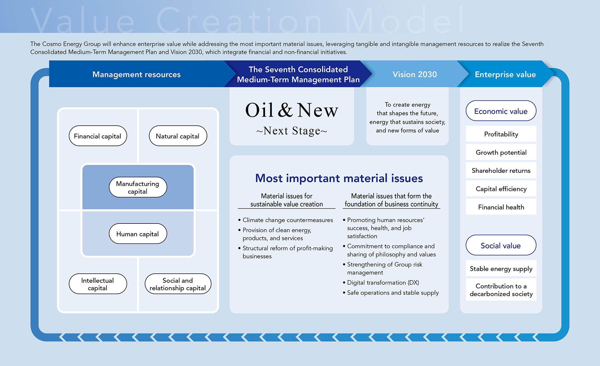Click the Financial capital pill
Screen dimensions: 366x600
point(98,136)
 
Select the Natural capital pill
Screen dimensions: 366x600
point(178,136)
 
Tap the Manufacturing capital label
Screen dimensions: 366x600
point(138,187)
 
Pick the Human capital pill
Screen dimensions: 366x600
point(138,234)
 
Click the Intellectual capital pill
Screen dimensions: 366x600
point(98,284)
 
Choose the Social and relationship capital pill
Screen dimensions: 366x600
point(178,284)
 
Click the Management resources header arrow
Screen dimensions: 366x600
point(137,74)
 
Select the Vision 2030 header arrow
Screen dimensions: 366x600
point(414,74)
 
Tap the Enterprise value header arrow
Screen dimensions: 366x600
point(505,74)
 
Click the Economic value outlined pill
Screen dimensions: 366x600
point(501,111)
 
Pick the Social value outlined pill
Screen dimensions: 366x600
point(501,245)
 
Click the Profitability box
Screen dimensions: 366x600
point(501,134)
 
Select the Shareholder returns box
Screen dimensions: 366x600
point(501,171)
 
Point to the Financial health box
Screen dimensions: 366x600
point(501,207)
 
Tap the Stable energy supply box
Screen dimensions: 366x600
point(501,268)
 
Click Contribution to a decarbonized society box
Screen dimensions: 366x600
point(501,290)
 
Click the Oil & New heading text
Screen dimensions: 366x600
point(292,111)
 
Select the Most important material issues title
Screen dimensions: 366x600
point(339,178)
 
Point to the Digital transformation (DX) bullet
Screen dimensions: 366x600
point(383,282)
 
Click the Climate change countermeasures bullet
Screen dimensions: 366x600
point(287,220)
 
